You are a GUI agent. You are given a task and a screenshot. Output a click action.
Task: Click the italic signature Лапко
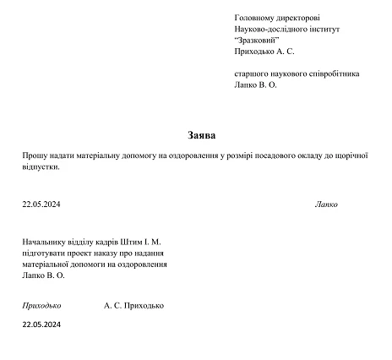326,204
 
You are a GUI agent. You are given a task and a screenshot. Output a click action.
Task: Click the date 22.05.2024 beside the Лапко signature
41,204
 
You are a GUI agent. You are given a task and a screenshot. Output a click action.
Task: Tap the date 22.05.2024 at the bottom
41,324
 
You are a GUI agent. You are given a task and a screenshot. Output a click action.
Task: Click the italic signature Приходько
43,305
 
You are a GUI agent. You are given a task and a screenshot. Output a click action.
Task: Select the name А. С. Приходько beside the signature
133,305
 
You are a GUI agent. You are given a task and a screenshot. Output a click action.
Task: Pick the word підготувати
46,253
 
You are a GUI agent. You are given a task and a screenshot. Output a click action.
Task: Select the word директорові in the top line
299,17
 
